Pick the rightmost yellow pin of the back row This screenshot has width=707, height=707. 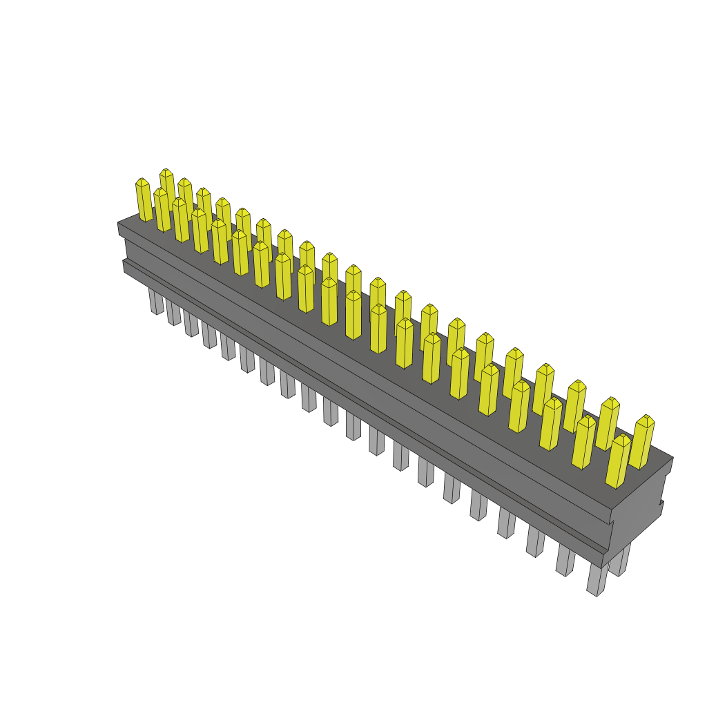[x=642, y=442]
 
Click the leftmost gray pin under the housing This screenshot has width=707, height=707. [x=156, y=301]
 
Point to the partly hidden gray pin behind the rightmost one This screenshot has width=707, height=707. [x=619, y=561]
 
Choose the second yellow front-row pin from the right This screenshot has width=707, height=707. [x=584, y=443]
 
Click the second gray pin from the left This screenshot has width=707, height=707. [x=173, y=312]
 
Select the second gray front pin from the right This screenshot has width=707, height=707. [x=565, y=560]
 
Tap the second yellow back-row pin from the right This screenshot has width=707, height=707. [x=608, y=424]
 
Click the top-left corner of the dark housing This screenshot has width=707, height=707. [x=119, y=223]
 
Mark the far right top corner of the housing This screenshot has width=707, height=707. [x=672, y=457]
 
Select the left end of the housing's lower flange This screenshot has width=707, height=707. [x=124, y=266]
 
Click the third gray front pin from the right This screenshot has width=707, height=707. [x=536, y=541]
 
